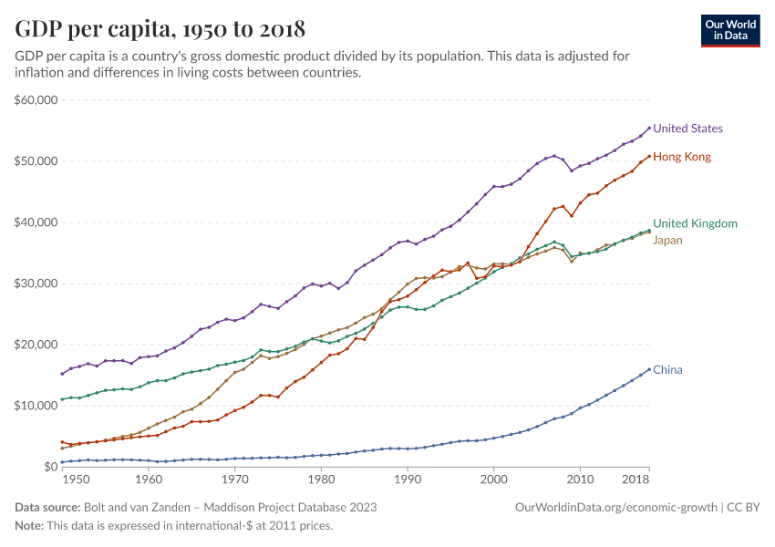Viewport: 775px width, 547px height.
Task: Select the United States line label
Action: click(x=687, y=129)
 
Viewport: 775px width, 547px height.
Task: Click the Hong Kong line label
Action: click(x=682, y=157)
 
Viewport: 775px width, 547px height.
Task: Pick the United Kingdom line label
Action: click(x=695, y=223)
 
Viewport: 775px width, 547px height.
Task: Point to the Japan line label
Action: click(x=667, y=241)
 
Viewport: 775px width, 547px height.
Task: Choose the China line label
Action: click(x=667, y=370)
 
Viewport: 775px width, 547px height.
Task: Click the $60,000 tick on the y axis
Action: click(x=36, y=100)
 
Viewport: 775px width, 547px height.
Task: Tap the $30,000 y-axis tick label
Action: click(x=36, y=284)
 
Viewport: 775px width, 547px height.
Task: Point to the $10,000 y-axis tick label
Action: click(x=36, y=406)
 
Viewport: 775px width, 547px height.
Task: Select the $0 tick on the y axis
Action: click(x=50, y=467)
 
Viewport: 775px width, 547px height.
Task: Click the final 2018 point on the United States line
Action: click(x=649, y=129)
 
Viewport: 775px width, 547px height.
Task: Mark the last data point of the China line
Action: click(x=649, y=369)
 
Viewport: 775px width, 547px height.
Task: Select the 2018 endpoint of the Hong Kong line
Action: click(x=649, y=156)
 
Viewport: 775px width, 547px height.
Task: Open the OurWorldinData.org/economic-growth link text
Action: click(x=616, y=507)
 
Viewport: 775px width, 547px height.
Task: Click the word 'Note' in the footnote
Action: click(x=29, y=526)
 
